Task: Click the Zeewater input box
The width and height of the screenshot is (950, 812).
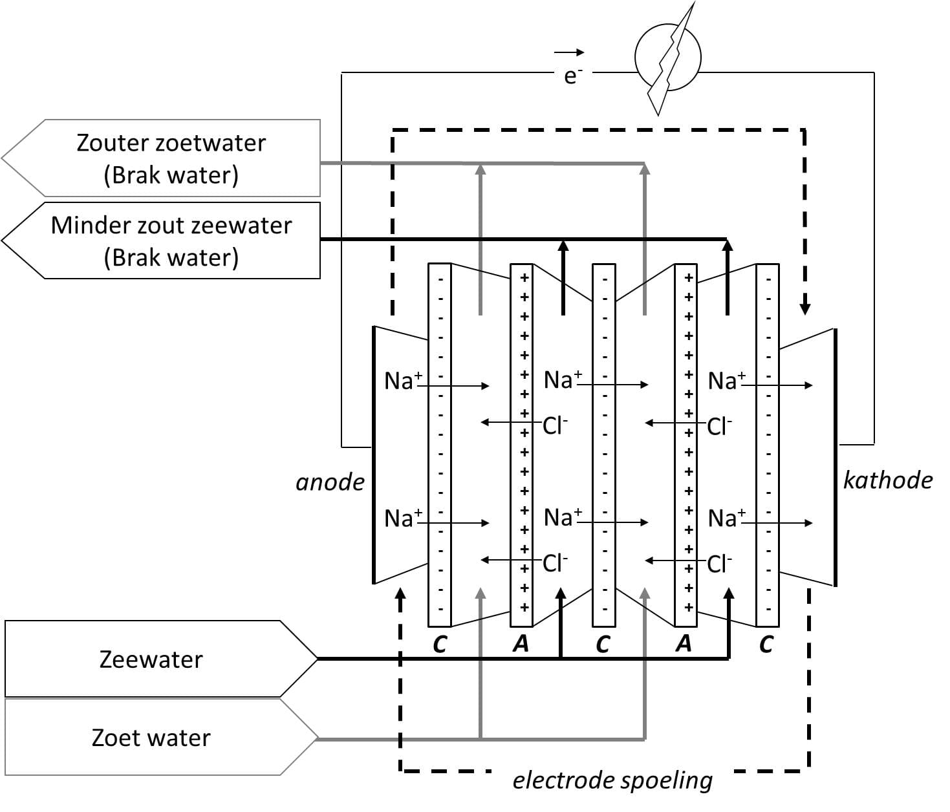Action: [x=161, y=659]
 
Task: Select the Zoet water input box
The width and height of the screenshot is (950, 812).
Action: [x=161, y=737]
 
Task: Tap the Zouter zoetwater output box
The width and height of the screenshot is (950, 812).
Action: [x=161, y=158]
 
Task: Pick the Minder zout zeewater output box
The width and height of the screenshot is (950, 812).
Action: [x=161, y=240]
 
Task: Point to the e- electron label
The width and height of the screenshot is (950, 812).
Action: [x=573, y=76]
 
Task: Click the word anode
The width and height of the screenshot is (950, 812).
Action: [x=330, y=482]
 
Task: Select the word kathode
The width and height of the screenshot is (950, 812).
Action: [x=888, y=480]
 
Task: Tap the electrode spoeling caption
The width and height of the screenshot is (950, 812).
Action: [x=612, y=780]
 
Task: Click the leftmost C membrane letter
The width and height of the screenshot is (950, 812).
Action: [x=440, y=645]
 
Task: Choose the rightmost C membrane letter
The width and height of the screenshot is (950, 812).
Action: [x=766, y=645]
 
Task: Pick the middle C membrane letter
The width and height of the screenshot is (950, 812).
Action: [x=603, y=645]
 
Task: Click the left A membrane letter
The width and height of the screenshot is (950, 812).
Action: [x=521, y=643]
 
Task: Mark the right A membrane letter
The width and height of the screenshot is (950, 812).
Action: [x=684, y=643]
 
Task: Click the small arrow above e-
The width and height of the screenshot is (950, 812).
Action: [x=569, y=52]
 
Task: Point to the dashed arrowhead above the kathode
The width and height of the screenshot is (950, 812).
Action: [x=804, y=309]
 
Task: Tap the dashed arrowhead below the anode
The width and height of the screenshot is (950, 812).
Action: [x=401, y=593]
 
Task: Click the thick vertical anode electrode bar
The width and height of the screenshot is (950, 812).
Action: [x=374, y=455]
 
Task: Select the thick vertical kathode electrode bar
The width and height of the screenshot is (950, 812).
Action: [x=835, y=458]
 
